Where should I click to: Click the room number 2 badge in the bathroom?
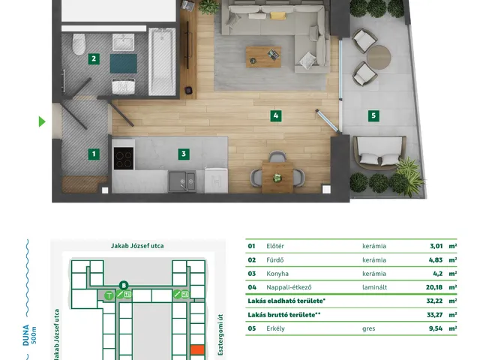94,58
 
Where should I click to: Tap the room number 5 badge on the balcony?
373,115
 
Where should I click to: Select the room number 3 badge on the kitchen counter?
184,154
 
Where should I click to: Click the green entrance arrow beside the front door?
42,121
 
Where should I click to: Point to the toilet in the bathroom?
79,44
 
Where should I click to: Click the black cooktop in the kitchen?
124,158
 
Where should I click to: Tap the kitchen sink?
182,181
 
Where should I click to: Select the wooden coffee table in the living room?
263,57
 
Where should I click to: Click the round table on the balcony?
379,58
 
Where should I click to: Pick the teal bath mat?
123,64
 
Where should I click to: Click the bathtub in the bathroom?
162,61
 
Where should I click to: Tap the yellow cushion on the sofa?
278,16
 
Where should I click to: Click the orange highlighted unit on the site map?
197,349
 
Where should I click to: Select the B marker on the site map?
124,286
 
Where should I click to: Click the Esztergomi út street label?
220,335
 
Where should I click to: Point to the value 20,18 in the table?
434,287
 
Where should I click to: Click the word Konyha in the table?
277,274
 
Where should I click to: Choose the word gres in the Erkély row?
368,328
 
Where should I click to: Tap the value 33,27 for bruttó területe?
435,315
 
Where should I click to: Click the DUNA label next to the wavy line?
26,335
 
